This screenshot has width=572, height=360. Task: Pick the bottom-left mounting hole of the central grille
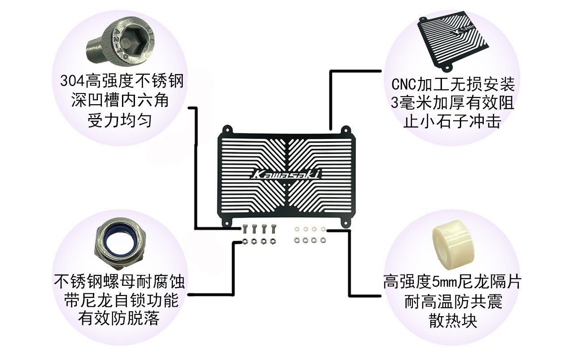[x=227, y=222]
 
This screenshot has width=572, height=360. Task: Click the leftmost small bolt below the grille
[x=244, y=229]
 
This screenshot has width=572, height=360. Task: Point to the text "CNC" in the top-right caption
[x=405, y=84]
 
